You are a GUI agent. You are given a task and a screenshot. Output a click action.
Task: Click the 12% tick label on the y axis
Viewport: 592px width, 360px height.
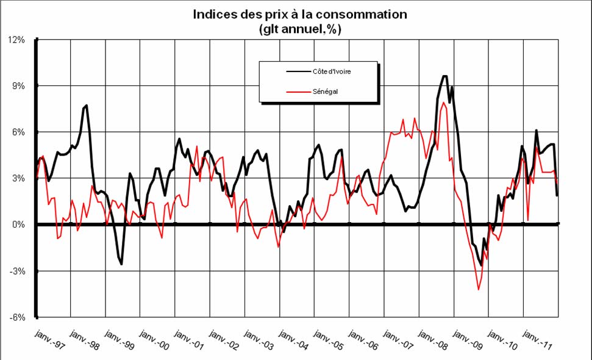click(16, 40)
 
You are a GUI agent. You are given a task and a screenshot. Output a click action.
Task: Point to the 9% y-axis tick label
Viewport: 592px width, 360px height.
click(18, 86)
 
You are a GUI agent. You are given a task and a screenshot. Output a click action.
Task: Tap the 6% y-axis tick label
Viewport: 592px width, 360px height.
click(18, 132)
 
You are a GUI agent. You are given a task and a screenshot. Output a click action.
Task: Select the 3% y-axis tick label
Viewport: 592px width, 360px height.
click(18, 179)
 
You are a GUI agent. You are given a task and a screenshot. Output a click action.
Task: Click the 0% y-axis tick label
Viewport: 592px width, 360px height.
click(18, 225)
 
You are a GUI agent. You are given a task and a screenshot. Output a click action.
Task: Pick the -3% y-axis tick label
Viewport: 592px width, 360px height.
click(16, 272)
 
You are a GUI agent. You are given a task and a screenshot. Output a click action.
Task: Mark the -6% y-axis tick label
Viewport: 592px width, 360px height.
click(16, 318)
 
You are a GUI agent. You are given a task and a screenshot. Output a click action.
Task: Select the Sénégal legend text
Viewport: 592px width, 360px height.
click(326, 92)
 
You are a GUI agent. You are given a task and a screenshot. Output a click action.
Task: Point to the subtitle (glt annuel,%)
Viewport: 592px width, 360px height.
click(298, 28)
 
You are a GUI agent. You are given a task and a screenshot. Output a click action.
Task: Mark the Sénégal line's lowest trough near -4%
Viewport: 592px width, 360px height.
click(479, 289)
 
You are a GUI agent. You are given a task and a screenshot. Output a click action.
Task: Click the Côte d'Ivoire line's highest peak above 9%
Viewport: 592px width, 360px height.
click(444, 76)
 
